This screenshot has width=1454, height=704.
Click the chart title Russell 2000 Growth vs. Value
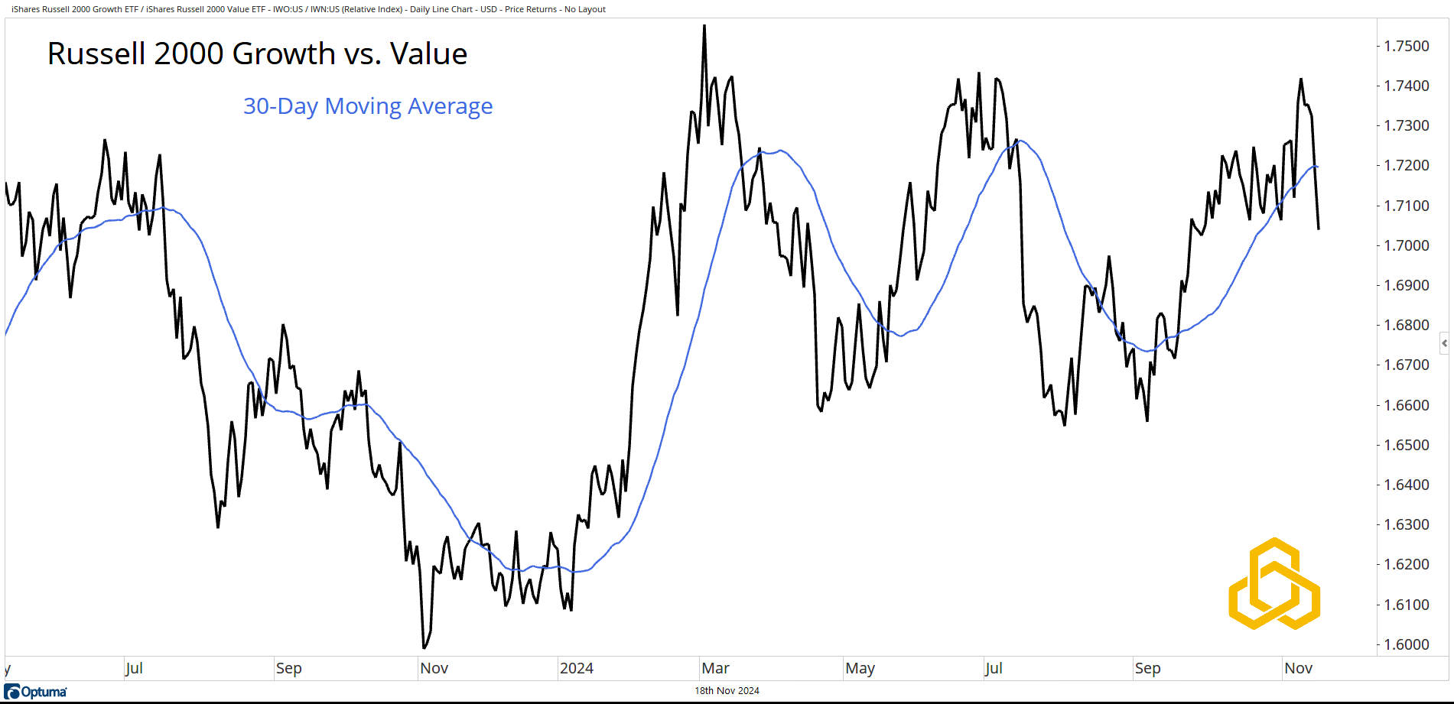coord(257,54)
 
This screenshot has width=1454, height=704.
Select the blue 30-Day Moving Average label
coord(367,106)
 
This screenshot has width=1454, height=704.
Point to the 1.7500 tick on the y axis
coord(1406,46)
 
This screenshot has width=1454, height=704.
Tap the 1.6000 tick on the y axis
coord(1406,644)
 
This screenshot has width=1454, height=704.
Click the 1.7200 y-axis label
coord(1406,166)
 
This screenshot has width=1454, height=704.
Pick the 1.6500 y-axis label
coord(1406,445)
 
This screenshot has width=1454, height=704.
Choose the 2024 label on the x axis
coord(576,668)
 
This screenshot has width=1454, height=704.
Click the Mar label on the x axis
coord(715,668)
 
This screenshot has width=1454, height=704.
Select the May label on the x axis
coord(860,668)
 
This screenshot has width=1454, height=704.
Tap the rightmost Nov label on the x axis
coord(1298,668)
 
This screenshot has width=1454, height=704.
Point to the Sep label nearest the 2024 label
coord(288,668)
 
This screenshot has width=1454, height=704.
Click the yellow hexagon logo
coord(1274,584)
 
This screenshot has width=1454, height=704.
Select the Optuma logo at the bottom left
coord(36,692)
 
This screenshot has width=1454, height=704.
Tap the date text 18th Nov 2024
coord(727,691)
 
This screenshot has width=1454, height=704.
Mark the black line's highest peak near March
coord(704,26)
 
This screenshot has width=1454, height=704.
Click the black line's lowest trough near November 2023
coord(424,647)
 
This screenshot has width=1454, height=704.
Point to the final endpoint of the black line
coord(1319,229)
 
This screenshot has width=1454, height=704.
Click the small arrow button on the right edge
coord(1444,343)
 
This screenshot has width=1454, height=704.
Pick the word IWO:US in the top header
coord(288,9)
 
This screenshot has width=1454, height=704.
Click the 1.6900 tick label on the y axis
coord(1406,285)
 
